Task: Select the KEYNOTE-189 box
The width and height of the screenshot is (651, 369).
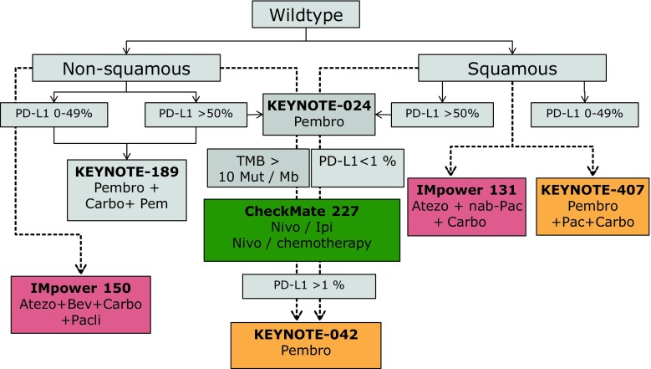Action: click(x=125, y=187)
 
